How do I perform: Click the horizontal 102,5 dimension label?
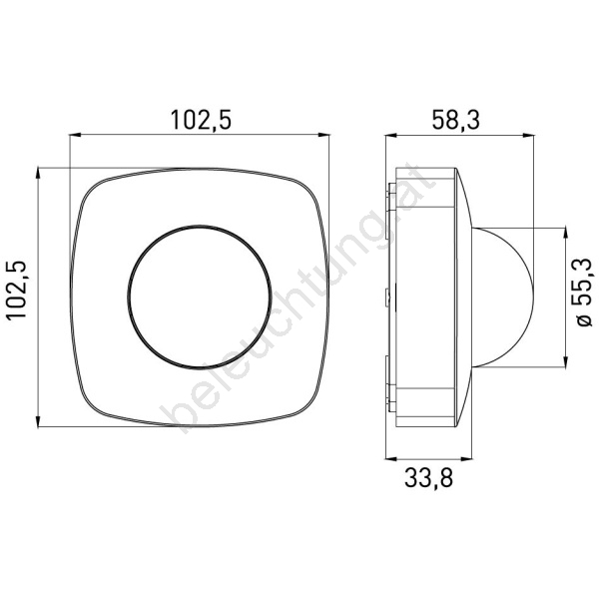click(201, 120)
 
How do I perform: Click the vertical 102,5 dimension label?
click(17, 290)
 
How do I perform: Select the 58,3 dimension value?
click(455, 120)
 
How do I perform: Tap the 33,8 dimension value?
click(428, 477)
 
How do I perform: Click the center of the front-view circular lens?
click(200, 297)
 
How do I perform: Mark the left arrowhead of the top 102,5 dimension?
click(75, 135)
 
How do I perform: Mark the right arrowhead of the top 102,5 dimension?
click(323, 135)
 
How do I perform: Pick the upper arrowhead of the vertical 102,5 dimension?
click(38, 174)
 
